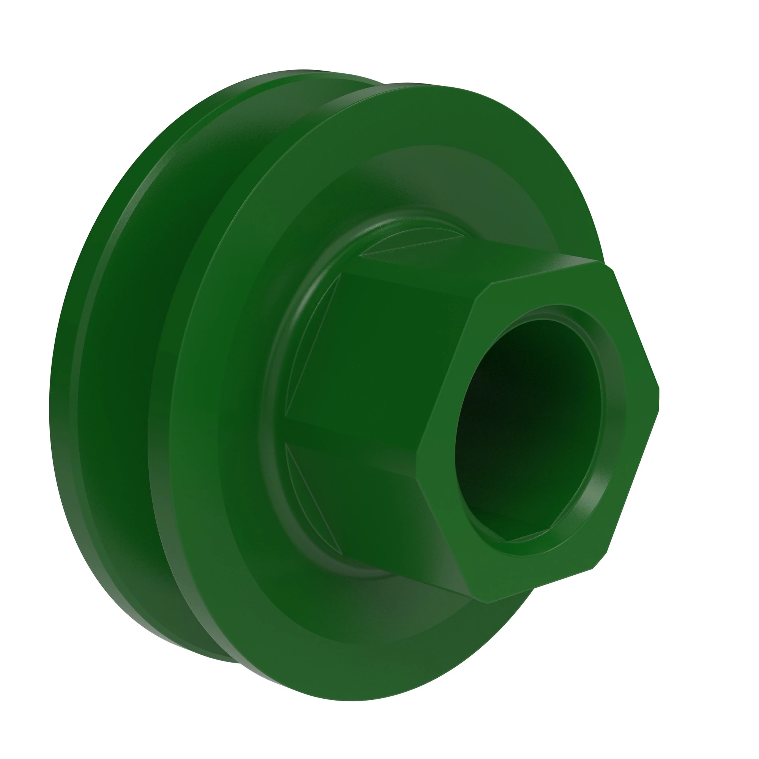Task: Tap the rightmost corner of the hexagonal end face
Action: (x=658, y=397)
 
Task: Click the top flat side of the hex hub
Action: (x=471, y=263)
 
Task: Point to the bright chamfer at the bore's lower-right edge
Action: (x=585, y=507)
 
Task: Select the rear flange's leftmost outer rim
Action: (x=53, y=393)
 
